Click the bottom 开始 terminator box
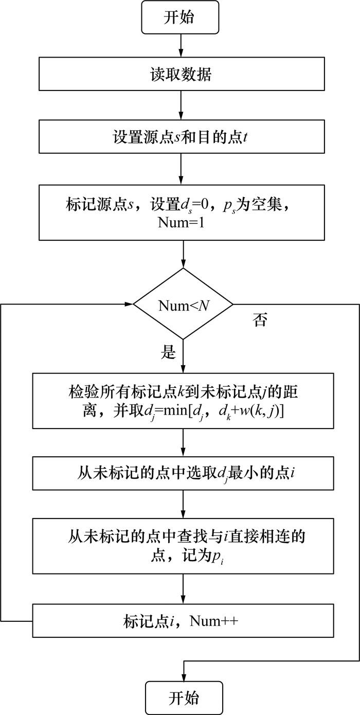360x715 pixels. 184,698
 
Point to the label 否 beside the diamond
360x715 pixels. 260,320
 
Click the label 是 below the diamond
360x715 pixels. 169,352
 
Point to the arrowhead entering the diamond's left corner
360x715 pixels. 129,305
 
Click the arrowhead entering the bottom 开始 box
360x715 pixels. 184,677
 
